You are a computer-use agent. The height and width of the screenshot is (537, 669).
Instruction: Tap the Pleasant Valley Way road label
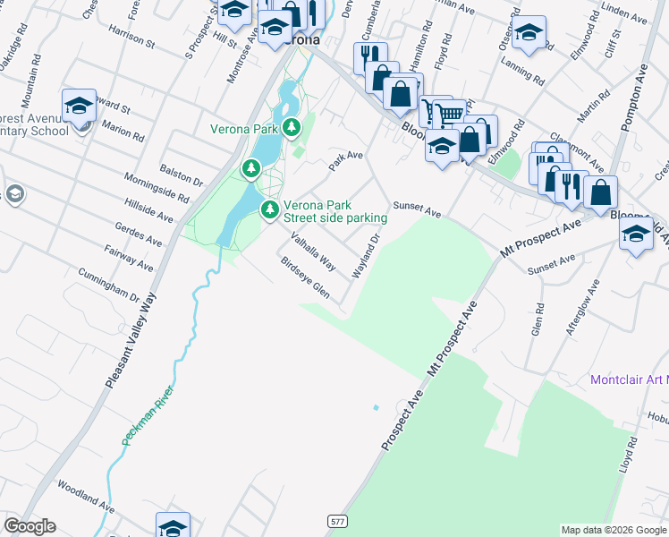click(130, 341)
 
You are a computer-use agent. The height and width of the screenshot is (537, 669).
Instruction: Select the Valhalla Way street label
click(312, 252)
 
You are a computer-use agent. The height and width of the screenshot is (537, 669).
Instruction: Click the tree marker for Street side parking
click(269, 210)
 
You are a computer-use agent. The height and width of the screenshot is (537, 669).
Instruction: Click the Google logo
click(30, 526)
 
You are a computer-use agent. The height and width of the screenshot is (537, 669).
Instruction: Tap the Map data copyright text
click(614, 530)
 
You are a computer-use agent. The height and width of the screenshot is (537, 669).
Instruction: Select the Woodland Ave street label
click(86, 496)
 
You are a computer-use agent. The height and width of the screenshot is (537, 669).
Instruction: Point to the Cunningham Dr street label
click(109, 284)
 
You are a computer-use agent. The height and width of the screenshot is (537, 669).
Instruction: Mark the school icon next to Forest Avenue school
click(79, 105)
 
